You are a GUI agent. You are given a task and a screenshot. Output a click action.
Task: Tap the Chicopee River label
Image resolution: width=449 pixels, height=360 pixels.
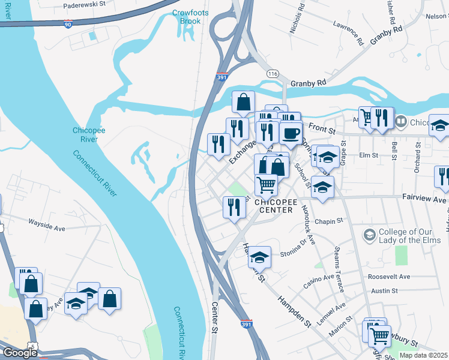89,134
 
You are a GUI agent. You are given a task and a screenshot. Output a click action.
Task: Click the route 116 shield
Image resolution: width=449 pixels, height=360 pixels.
274,73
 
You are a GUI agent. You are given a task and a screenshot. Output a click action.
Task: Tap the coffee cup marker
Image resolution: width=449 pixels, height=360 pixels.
291,133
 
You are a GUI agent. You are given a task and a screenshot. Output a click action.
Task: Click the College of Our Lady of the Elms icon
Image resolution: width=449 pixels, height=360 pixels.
369,233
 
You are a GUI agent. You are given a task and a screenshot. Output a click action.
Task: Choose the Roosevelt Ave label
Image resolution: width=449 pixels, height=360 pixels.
388,277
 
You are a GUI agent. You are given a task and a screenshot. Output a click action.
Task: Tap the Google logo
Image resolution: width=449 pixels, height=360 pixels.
20,353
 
